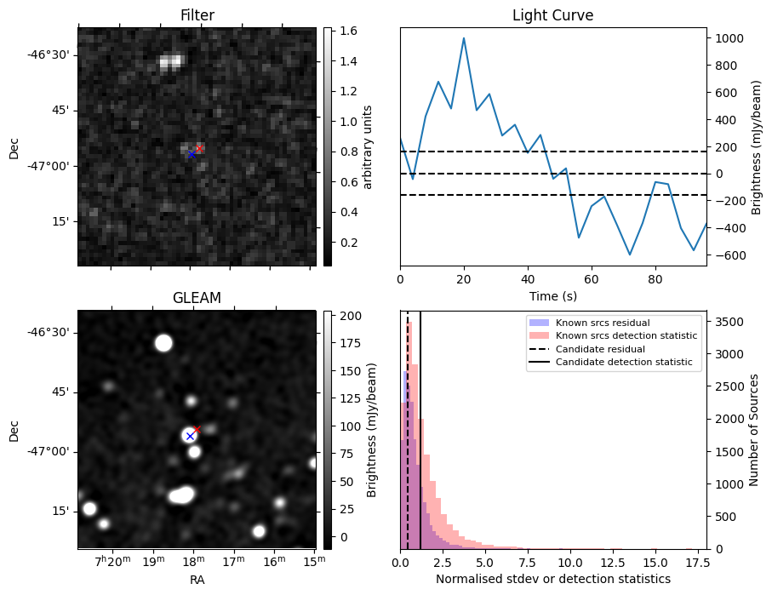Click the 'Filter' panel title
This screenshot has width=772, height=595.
(x=197, y=15)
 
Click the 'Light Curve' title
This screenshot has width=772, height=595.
(x=552, y=15)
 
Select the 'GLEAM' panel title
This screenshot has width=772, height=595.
(x=197, y=298)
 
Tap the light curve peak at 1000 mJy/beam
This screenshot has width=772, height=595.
(x=464, y=38)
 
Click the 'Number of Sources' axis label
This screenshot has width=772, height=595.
(x=753, y=430)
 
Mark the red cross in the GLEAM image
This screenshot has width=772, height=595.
(x=197, y=429)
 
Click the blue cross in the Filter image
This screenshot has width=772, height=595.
(x=192, y=155)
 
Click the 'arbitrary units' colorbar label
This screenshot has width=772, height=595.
(x=367, y=146)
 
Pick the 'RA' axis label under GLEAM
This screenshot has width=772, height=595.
(x=197, y=580)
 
